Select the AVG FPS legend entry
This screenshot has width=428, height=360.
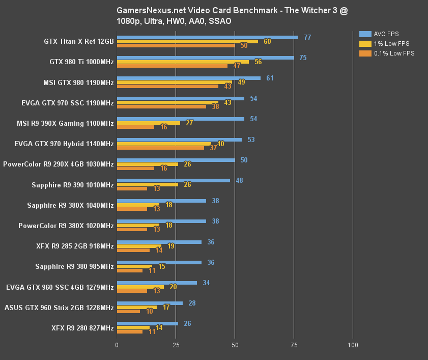(x=387, y=34)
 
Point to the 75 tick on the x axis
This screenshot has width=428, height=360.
(x=294, y=345)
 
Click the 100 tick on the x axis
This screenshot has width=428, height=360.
(x=353, y=345)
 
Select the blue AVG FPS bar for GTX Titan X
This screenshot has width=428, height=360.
(x=208, y=37)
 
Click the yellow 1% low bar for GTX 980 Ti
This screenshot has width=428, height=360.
(x=183, y=62)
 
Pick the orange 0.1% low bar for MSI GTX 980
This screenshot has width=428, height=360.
(x=168, y=86)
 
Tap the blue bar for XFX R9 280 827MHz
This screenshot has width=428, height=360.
(x=148, y=323)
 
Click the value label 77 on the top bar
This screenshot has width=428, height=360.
(x=307, y=37)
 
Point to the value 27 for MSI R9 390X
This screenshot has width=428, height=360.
(x=189, y=123)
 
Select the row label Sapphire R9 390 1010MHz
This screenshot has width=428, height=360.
(x=72, y=184)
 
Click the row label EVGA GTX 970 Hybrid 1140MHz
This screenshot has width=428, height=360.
(x=64, y=144)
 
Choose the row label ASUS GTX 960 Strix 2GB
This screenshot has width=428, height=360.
(x=59, y=307)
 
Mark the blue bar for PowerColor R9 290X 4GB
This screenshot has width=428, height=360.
(x=176, y=160)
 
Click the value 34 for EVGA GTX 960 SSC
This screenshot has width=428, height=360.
(x=206, y=283)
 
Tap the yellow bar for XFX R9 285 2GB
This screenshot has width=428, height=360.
(x=139, y=246)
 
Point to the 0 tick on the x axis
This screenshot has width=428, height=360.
(x=117, y=345)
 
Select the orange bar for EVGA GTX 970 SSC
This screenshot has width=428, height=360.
(x=162, y=106)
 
